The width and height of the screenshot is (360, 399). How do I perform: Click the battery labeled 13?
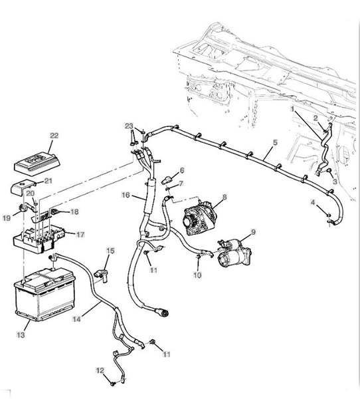click(45, 294)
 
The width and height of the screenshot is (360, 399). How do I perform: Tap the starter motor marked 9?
click(234, 253)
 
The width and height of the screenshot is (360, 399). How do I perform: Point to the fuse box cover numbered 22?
click(37, 162)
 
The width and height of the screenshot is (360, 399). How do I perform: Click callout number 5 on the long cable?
click(276, 142)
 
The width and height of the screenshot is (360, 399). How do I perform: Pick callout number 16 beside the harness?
click(126, 196)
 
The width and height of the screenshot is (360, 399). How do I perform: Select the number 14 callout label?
click(76, 319)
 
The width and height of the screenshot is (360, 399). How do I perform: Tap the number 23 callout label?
click(129, 126)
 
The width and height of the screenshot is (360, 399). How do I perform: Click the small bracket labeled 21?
click(23, 188)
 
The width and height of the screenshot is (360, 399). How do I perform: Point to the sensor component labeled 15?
click(101, 275)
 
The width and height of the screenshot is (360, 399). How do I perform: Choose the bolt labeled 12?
click(114, 383)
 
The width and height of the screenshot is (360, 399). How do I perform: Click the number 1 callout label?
click(293, 109)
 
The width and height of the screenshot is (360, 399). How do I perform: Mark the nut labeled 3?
click(329, 171)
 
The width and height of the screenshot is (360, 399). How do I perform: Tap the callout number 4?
click(313, 202)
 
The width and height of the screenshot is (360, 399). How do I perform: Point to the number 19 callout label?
click(7, 218)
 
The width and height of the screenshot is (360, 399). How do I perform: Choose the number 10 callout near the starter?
click(197, 275)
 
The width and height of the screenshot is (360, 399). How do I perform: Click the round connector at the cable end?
click(163, 313)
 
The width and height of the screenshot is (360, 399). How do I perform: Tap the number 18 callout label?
click(74, 211)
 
